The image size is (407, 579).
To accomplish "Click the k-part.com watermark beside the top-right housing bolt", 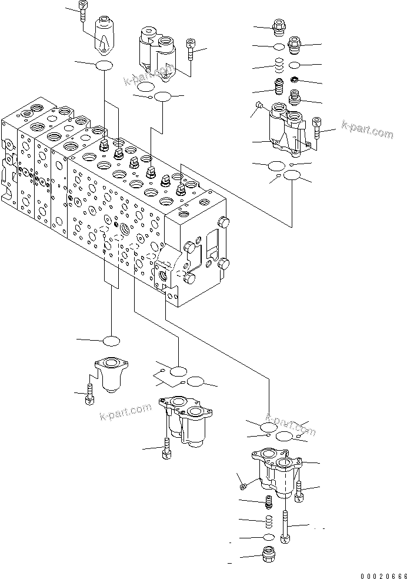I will [367, 131].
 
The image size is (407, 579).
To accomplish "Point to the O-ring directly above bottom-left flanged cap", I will [111, 341].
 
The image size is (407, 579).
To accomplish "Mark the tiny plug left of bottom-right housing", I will [244, 485].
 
